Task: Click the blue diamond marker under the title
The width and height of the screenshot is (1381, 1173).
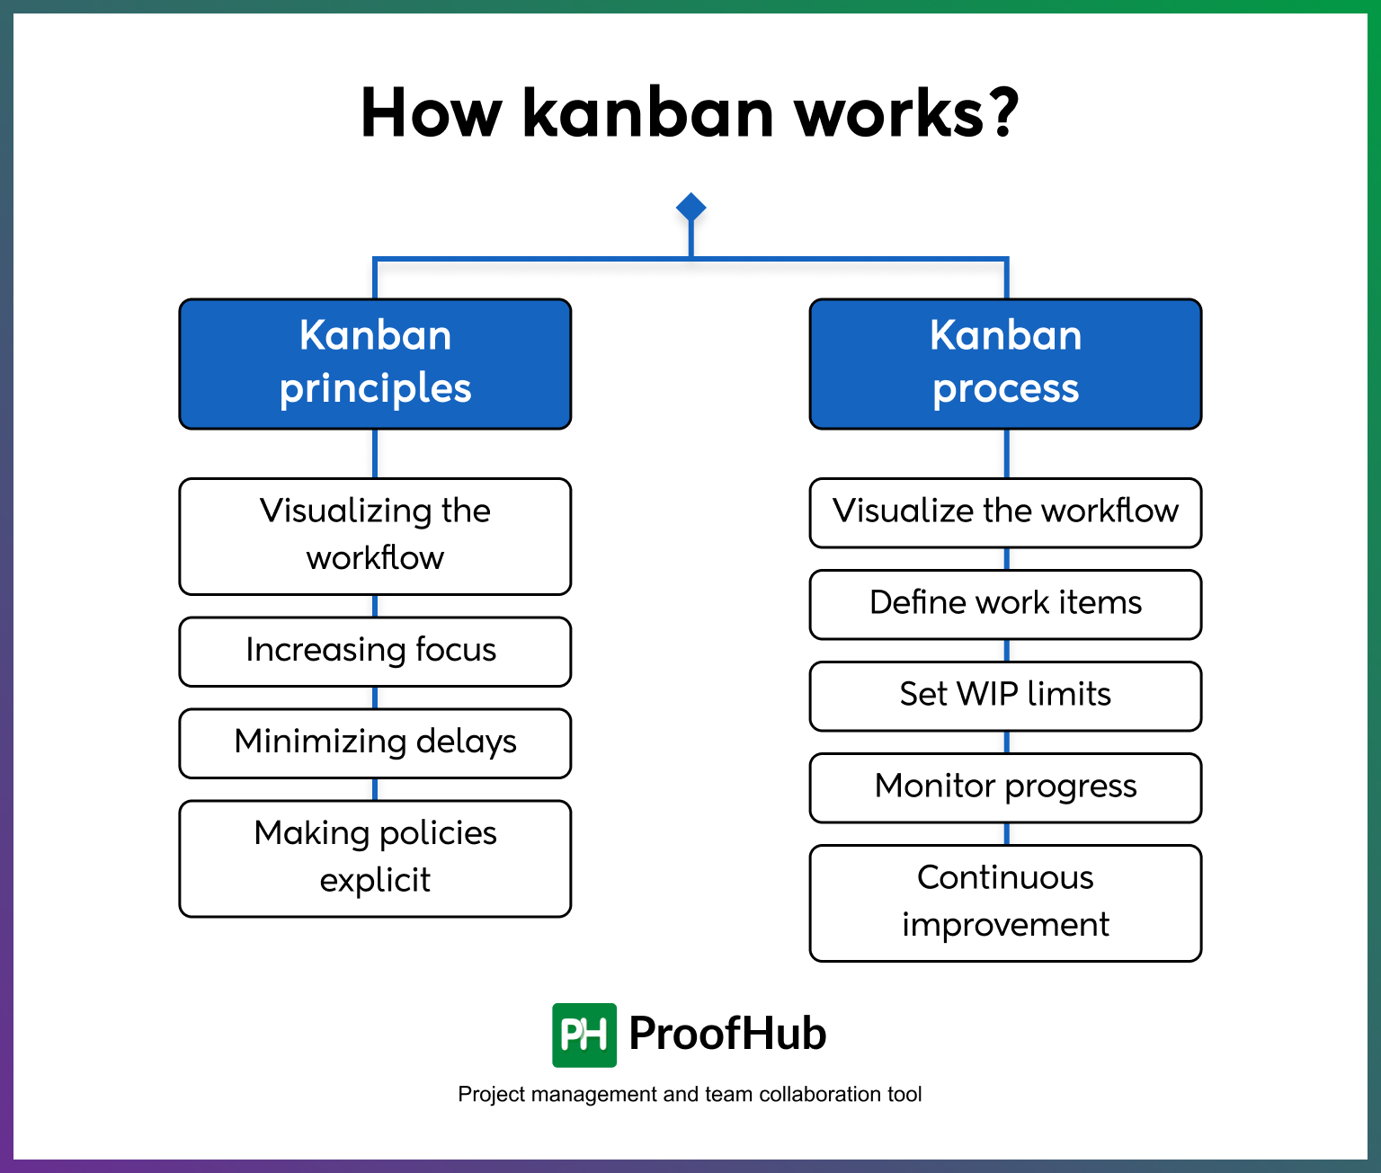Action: [x=690, y=208]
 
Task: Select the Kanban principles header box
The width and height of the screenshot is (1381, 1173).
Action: [x=375, y=363]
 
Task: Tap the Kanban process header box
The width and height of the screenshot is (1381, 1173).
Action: [x=1005, y=363]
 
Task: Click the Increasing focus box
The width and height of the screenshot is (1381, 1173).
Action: [x=375, y=651]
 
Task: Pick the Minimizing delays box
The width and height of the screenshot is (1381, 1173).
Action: [x=375, y=742]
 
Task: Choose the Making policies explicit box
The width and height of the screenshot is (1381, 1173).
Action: [x=375, y=858]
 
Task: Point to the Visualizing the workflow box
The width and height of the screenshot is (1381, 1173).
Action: [x=375, y=536]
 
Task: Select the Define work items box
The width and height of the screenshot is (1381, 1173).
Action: [x=1005, y=604]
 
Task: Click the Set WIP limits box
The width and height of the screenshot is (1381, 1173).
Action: [x=1005, y=696]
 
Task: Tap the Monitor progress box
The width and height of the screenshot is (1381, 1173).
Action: [x=1005, y=787]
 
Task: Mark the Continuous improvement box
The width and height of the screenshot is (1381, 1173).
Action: [x=1005, y=902]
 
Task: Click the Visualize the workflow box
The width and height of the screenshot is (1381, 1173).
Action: [x=1005, y=512]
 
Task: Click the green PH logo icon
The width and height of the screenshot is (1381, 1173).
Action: [x=584, y=1035]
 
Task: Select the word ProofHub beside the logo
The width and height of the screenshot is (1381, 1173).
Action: [x=726, y=1034]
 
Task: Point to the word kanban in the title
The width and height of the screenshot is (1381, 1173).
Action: [x=647, y=113]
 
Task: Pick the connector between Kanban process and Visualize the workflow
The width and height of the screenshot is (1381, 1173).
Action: [x=1005, y=453]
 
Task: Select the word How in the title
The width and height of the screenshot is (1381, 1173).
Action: [x=431, y=113]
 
